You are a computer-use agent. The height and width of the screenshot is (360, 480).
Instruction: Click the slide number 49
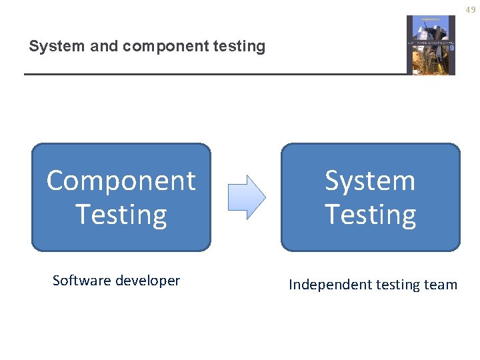(x=471, y=9)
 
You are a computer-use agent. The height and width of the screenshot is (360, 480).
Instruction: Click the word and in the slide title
(x=100, y=47)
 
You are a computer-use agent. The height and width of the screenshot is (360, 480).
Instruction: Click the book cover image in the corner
(x=431, y=45)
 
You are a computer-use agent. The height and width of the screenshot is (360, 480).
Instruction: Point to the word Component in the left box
(x=121, y=181)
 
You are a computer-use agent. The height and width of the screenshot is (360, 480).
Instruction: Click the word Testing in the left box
(x=121, y=215)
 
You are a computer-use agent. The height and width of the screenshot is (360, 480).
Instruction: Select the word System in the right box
(x=370, y=181)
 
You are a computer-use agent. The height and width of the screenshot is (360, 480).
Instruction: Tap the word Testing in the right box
(x=370, y=215)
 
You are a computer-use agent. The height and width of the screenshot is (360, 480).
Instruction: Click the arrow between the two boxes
(x=247, y=197)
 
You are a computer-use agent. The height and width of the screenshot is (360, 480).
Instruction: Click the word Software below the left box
(x=81, y=281)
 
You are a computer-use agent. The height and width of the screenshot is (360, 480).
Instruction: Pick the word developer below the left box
(x=147, y=281)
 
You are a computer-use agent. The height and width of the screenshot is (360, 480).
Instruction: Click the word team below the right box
(x=441, y=285)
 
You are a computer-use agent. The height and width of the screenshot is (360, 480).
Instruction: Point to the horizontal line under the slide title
(x=213, y=74)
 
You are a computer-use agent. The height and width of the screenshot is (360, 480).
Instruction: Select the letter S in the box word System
(x=333, y=181)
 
